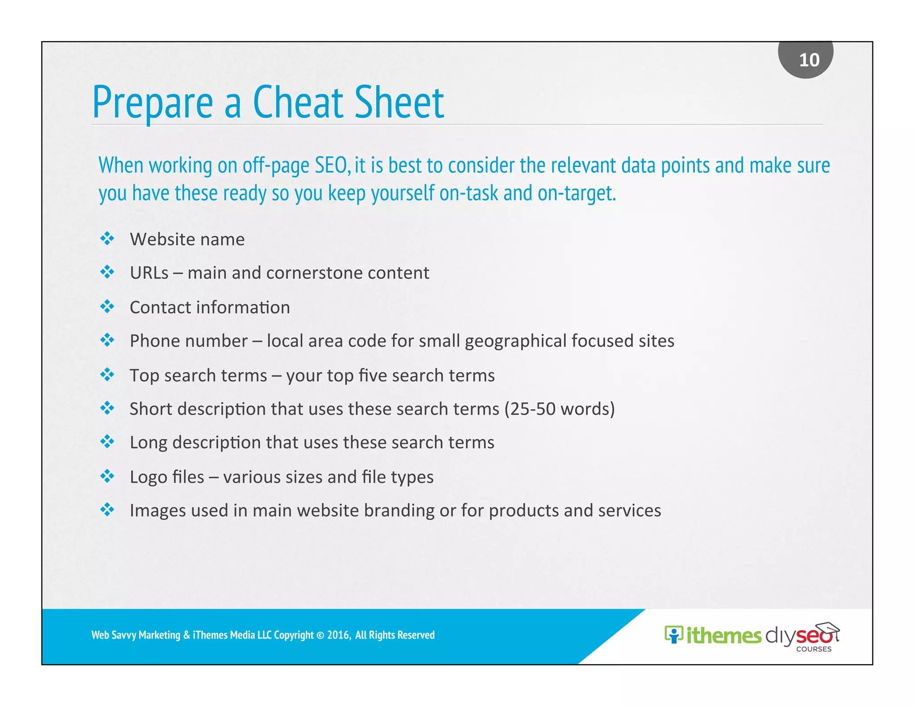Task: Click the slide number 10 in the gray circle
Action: click(x=809, y=60)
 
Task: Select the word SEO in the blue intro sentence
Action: click(x=331, y=165)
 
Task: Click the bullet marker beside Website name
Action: click(x=107, y=238)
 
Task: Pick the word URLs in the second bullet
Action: click(x=149, y=273)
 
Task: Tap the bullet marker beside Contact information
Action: click(x=107, y=307)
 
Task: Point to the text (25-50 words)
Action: click(x=559, y=409)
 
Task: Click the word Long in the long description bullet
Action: click(x=148, y=442)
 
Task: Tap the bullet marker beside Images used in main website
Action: click(x=107, y=509)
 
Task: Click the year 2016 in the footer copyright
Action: click(x=338, y=635)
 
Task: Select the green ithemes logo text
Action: click(x=723, y=635)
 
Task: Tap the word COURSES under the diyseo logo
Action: click(x=814, y=649)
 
